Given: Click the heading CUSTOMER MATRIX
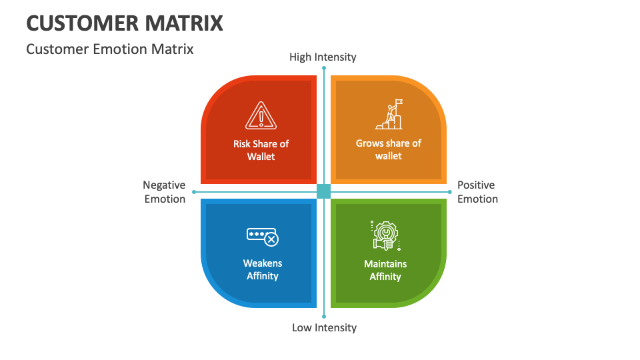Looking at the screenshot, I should tap(125, 23).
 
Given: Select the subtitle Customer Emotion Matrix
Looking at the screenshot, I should tap(110, 49).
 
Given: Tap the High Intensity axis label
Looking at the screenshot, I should tap(323, 57).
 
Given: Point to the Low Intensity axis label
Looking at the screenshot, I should tap(324, 327).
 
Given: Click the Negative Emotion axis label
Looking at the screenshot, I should tap(165, 192).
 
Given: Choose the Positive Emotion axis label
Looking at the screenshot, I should tap(477, 192).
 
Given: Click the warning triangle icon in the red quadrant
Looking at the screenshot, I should tap(261, 115).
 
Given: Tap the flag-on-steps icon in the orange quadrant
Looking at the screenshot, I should tap(389, 114).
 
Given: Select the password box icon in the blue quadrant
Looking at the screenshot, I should tap(262, 236).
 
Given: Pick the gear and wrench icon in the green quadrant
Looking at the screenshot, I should tap(385, 235).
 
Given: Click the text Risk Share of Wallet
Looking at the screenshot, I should tap(261, 150).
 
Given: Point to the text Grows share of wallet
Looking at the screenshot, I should tap(389, 149).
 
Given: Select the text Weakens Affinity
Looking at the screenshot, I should tap(262, 269).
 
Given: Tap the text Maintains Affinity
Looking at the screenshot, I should tap(385, 270).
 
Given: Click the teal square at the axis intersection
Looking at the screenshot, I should tap(324, 191).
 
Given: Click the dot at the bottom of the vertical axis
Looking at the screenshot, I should tap(324, 316).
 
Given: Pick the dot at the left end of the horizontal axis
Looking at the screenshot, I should tap(194, 192).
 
